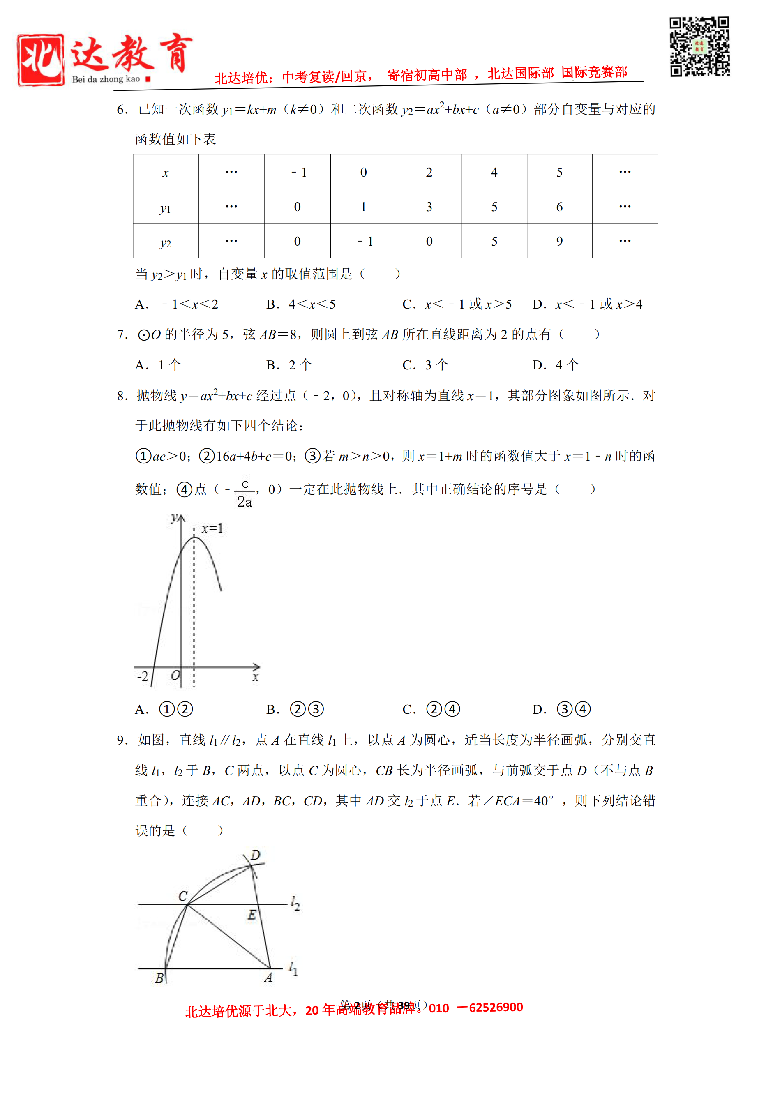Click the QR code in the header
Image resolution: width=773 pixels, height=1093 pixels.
(x=699, y=47)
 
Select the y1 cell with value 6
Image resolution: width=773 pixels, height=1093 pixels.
(x=559, y=207)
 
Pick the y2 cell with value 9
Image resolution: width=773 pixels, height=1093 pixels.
(x=559, y=241)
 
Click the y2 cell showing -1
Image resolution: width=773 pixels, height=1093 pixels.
(x=364, y=241)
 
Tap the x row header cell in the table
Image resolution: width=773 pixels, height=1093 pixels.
(x=165, y=172)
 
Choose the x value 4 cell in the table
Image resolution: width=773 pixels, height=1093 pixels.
(x=494, y=172)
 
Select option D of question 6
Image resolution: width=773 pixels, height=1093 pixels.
(x=587, y=304)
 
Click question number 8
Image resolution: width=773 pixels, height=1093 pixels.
(x=122, y=396)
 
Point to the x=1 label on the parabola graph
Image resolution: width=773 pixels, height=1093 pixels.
(x=212, y=528)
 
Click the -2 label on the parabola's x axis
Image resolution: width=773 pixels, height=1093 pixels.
(x=143, y=676)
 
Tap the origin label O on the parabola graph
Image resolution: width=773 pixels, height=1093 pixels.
(x=175, y=676)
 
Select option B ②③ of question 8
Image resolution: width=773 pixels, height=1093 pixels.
(x=295, y=709)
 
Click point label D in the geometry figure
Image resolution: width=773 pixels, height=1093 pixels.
(x=256, y=855)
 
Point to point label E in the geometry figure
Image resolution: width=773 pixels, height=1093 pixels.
(x=252, y=915)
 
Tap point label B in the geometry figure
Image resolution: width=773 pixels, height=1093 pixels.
(x=159, y=978)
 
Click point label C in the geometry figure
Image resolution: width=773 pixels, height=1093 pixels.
(x=183, y=896)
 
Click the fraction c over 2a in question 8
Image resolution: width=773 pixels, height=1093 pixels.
(x=244, y=493)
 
